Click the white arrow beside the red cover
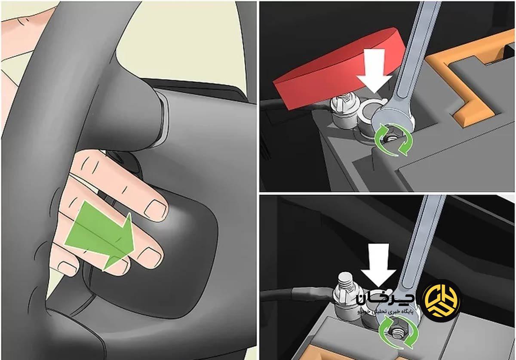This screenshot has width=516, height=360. click(375, 69)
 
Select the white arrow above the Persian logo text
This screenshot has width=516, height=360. click(378, 265)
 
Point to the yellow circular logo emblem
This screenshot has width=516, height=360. click(442, 300)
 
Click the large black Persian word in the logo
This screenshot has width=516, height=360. click(385, 299)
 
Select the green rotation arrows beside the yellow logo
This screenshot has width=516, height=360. click(398, 332)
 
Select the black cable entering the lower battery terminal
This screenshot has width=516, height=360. click(297, 295)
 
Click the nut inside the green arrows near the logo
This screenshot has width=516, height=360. click(398, 332)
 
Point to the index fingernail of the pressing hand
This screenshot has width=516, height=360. click(156, 209)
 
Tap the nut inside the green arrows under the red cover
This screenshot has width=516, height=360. click(391, 139)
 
